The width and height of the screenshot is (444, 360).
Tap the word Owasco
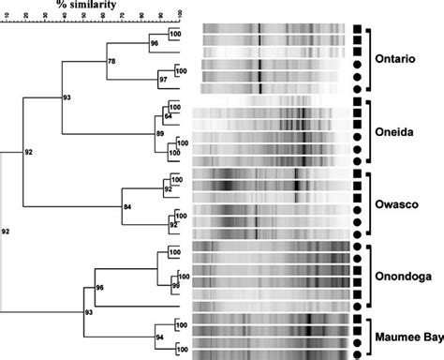[401, 200]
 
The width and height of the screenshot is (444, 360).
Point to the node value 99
[175, 283]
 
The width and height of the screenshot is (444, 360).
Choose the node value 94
[159, 336]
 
